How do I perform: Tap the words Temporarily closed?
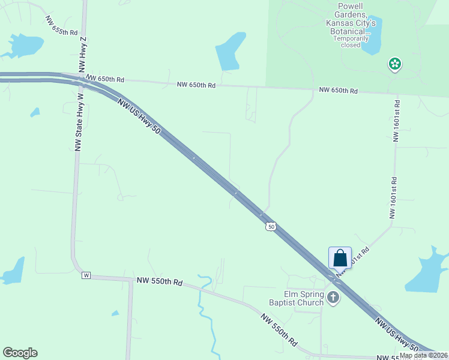[x=347, y=41]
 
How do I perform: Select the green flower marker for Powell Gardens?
[x=394, y=63]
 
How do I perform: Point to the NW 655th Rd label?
[x=61, y=25]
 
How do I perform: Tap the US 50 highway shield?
[x=271, y=226]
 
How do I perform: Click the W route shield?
[x=86, y=275]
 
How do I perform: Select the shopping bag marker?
[x=340, y=258]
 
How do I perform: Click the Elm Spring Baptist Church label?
[x=296, y=298]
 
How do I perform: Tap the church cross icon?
[x=333, y=297]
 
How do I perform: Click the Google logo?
[x=20, y=353]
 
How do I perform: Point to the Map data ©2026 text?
[x=423, y=355]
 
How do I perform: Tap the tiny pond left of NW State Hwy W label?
[x=35, y=112]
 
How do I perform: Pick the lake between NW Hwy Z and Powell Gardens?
[x=231, y=51]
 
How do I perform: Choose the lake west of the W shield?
[x=14, y=271]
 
